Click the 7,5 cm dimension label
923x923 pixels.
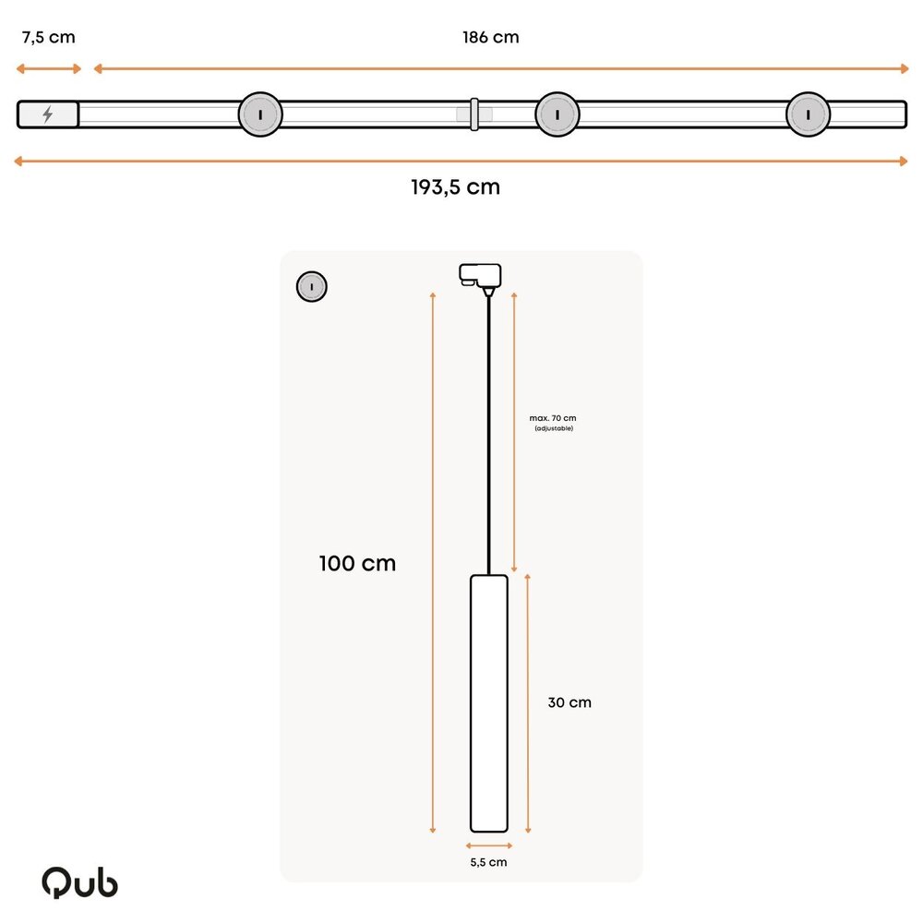click(49, 38)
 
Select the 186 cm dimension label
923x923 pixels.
click(490, 38)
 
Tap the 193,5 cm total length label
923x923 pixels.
click(455, 187)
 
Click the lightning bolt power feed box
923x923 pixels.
click(48, 114)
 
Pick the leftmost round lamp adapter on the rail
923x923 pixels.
click(260, 114)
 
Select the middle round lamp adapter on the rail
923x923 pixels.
click(557, 114)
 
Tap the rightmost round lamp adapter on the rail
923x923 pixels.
click(808, 114)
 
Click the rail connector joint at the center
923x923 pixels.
click(473, 114)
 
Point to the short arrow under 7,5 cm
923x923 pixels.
click(49, 68)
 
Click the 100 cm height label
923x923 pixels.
click(357, 563)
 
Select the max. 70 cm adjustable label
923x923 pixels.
click(554, 423)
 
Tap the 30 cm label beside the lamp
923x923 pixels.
click(569, 702)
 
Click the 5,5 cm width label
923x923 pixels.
click(488, 862)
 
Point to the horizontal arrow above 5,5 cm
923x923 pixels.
click(488, 845)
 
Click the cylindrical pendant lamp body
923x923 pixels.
click(489, 702)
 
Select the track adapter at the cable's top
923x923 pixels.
click(480, 275)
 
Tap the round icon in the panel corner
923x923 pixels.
click(312, 287)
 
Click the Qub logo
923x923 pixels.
click(79, 882)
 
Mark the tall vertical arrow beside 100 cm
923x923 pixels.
click(432, 563)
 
